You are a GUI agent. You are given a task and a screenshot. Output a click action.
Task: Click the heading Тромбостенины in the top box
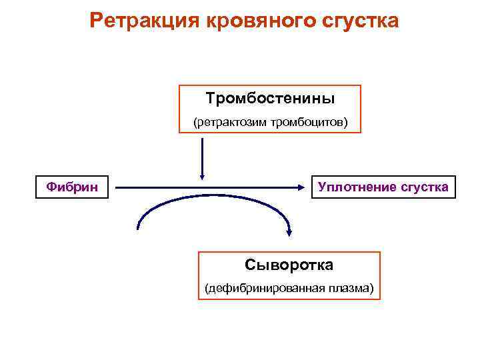coord(270,99)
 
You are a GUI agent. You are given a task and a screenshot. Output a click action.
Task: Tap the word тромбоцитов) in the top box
coord(311,123)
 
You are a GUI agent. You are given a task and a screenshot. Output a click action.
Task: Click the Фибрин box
coord(72,187)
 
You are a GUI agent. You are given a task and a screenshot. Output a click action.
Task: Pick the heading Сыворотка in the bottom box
coord(289,265)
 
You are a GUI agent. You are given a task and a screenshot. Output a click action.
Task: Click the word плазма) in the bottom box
coord(350,289)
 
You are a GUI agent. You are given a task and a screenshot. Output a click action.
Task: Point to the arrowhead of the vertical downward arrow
coord(201,175)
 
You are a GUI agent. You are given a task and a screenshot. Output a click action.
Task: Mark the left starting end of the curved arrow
coord(138,228)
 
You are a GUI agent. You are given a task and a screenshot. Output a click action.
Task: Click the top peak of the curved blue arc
coord(213,195)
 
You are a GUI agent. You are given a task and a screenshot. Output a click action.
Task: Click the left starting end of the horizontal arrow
coord(118,187)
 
